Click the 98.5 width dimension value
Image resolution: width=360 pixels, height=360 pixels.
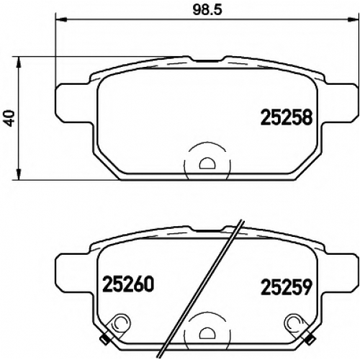point(207,10)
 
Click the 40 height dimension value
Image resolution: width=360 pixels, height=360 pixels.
point(10,118)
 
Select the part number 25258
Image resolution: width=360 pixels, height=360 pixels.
point(287,117)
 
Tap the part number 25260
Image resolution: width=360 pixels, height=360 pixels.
point(128,284)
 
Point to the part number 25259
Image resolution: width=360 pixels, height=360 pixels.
point(287,287)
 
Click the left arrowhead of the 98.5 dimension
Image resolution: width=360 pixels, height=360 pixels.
point(60,20)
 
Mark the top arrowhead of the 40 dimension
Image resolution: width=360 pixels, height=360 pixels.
point(19,63)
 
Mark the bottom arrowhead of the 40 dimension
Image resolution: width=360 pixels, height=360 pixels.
point(19,174)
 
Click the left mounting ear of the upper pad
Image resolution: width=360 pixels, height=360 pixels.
point(74,103)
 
